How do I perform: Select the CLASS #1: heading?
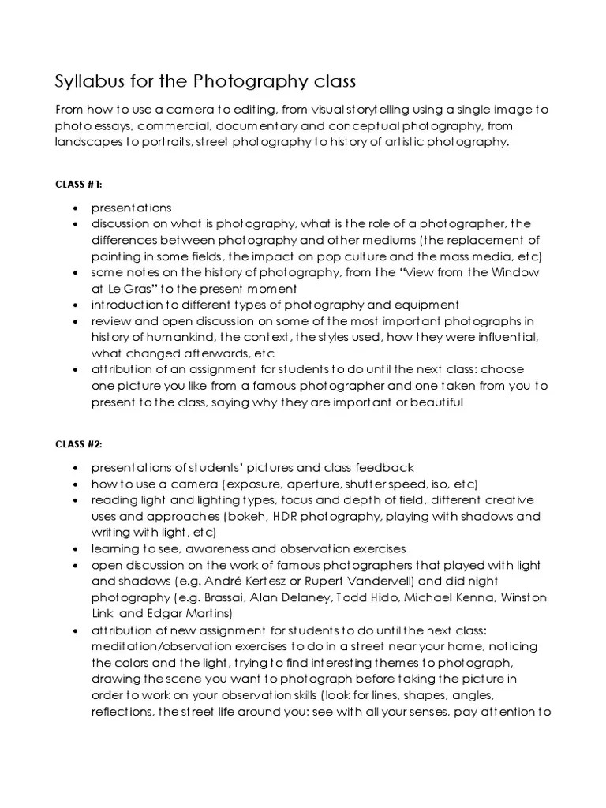78,185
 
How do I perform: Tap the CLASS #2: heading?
79,444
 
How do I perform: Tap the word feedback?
381,468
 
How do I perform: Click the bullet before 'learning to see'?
74,550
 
